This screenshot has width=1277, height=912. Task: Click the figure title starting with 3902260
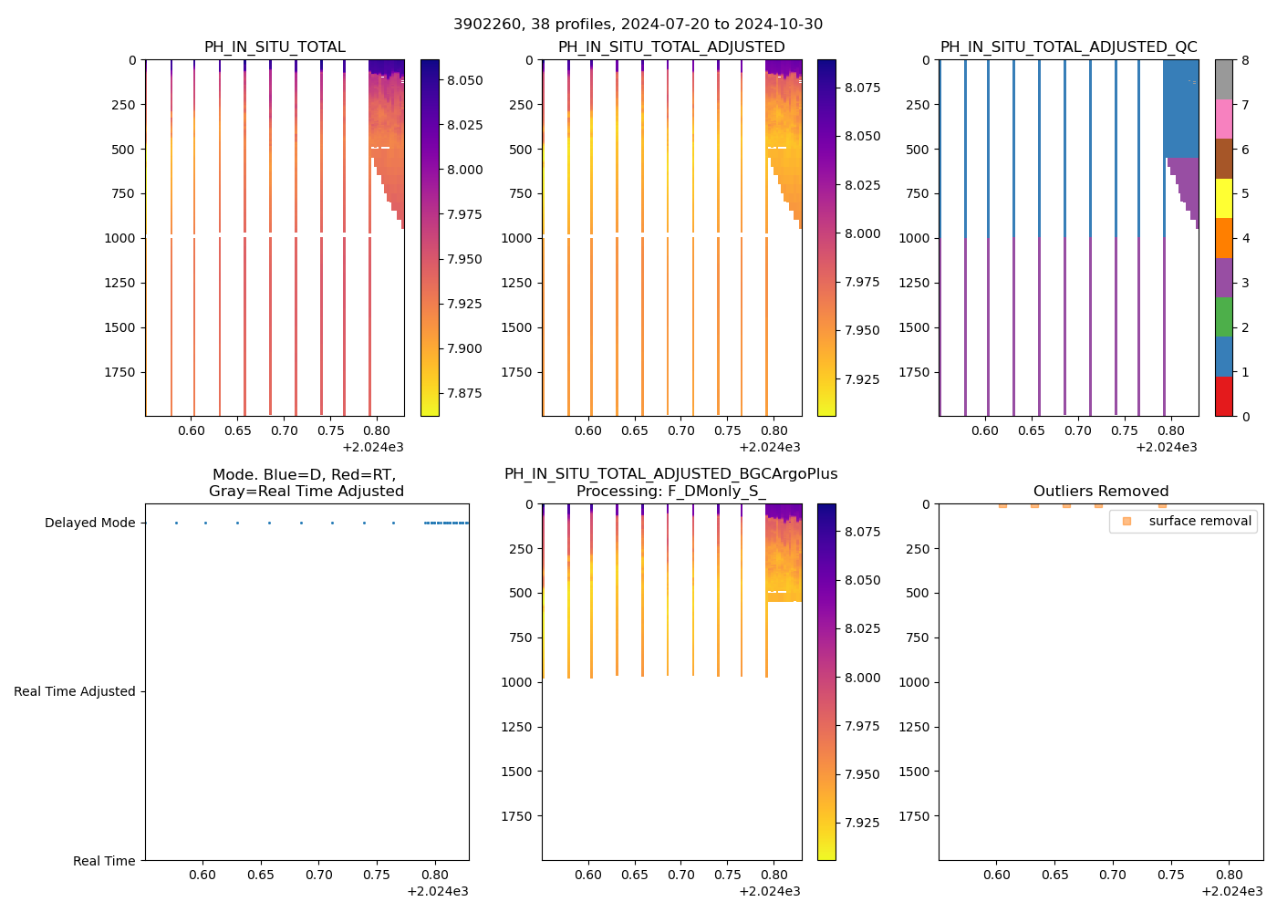(638, 24)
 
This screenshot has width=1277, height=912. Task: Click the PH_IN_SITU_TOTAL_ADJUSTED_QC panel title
(1068, 47)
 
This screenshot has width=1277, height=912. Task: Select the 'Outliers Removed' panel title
(1100, 492)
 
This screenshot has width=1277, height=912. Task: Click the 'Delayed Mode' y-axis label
(89, 523)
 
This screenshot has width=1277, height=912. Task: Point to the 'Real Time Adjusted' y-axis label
(75, 691)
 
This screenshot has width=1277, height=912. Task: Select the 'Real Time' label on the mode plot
(104, 861)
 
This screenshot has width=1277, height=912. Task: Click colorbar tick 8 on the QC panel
(1245, 60)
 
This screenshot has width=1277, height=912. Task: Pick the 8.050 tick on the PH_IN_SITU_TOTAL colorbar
(464, 80)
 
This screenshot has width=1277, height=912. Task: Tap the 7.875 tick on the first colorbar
(464, 393)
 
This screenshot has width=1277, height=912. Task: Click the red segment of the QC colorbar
(1224, 397)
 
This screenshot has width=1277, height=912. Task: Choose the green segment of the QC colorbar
(1224, 317)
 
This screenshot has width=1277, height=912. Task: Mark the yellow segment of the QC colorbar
(1224, 198)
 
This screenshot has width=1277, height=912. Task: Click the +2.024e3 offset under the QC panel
(1166, 447)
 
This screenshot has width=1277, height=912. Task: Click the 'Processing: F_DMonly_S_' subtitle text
(670, 492)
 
